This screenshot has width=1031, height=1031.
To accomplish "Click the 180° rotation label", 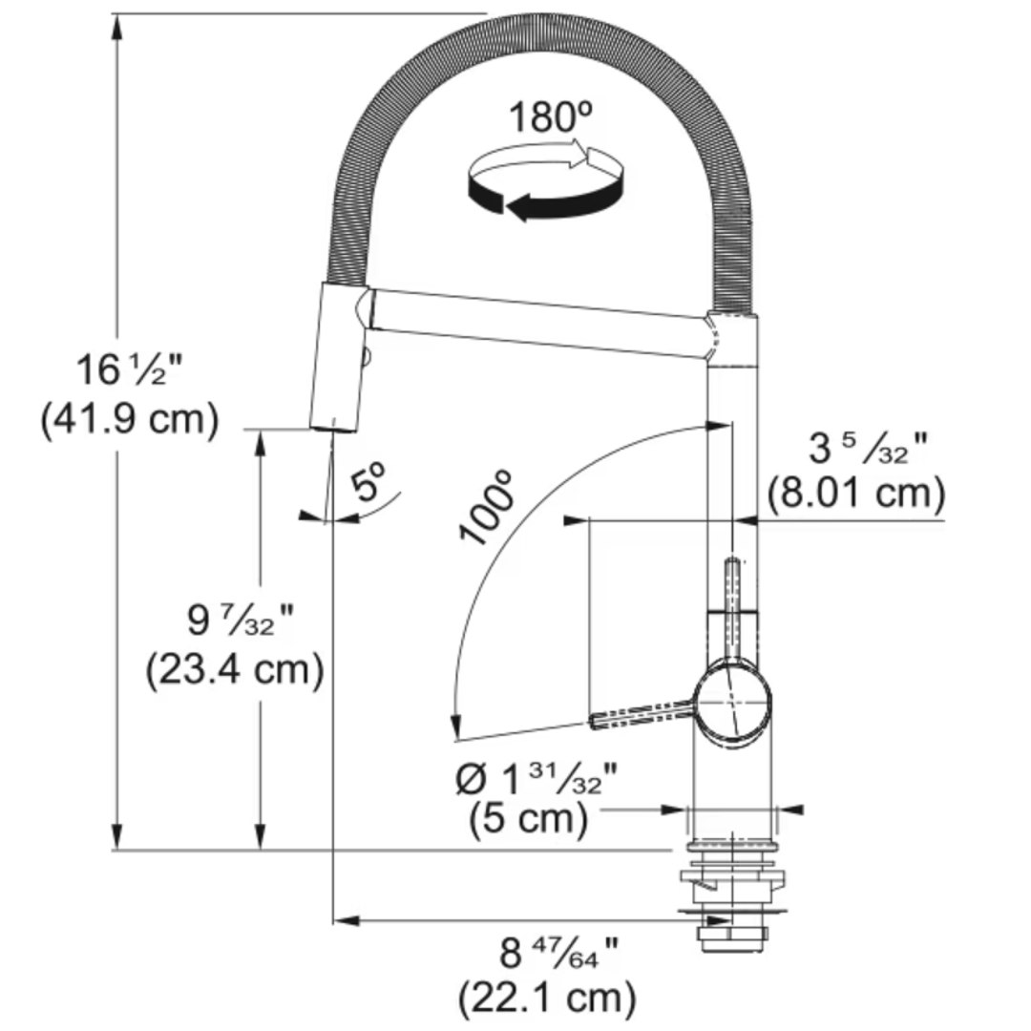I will [551, 117].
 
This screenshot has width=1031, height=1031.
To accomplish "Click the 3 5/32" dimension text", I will [854, 448].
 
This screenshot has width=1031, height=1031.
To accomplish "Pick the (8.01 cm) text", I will [855, 494].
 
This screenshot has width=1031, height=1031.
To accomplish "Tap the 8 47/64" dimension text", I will [558, 952].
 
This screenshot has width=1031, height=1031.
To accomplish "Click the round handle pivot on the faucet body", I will [732, 702].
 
